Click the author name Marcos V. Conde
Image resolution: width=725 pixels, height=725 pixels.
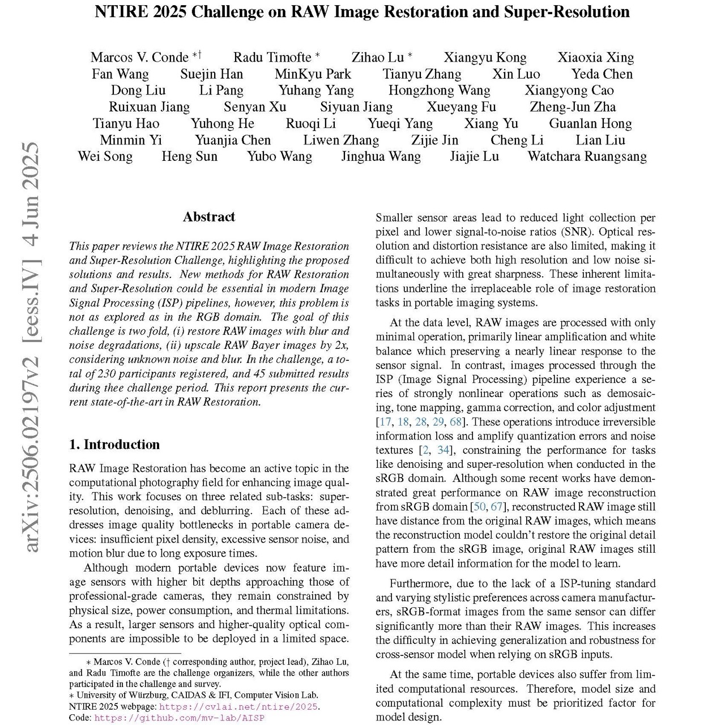coord(139,57)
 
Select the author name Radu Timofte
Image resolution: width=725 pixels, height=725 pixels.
coord(272,57)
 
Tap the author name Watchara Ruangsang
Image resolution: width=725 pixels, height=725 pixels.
coord(587,156)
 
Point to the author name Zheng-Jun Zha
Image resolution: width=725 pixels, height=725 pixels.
coord(573,107)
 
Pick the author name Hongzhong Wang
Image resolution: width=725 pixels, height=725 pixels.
coord(439,91)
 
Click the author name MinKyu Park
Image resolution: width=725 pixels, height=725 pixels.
coord(313,74)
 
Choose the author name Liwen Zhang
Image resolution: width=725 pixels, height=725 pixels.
coord(341,140)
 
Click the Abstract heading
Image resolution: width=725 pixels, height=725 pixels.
coord(209,217)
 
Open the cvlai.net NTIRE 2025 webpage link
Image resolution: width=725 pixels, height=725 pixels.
coord(238,707)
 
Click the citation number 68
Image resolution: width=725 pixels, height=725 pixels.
coord(455,422)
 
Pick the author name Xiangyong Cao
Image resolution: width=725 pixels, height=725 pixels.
coord(569,91)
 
